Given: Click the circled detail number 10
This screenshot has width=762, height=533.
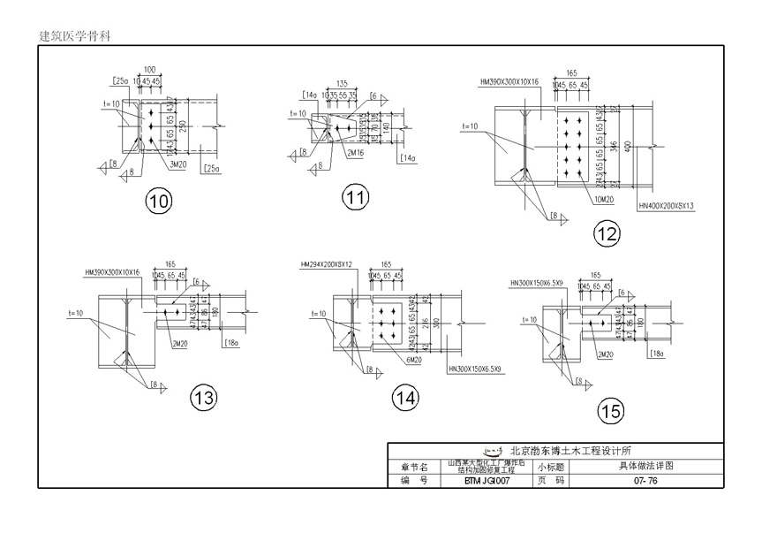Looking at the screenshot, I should point(159,202).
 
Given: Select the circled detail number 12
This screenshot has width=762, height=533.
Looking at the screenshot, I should point(607,233).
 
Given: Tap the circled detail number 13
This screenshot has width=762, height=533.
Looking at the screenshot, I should point(204,398).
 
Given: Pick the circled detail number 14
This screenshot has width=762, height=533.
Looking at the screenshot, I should point(405,399).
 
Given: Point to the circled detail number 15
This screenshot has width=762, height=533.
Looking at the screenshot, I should point(610,410).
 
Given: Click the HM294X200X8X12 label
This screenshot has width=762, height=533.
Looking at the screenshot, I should point(327,264).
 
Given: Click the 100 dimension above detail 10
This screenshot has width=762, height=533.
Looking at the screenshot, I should point(149,69).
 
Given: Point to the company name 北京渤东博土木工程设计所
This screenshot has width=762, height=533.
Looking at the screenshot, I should point(582,450).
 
